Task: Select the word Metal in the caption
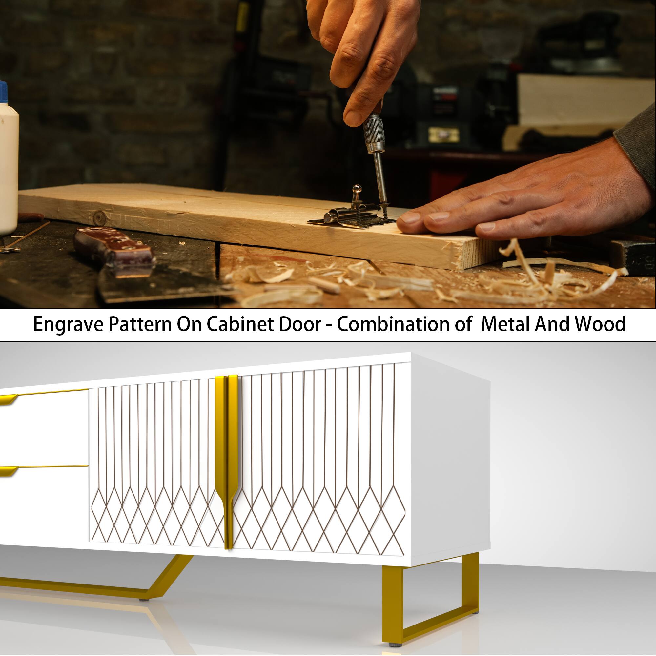[x=505, y=324]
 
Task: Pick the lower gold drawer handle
[x=9, y=471]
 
